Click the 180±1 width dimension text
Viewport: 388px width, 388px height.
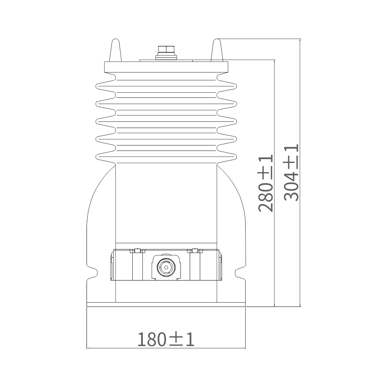pos(166,339)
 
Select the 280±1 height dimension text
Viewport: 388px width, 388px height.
pos(265,183)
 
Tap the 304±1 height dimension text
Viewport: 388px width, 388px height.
pos(291,173)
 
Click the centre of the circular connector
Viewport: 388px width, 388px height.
pos(166,267)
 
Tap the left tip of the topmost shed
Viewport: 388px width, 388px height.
pos(96,87)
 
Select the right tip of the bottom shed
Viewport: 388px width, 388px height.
pos(236,157)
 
